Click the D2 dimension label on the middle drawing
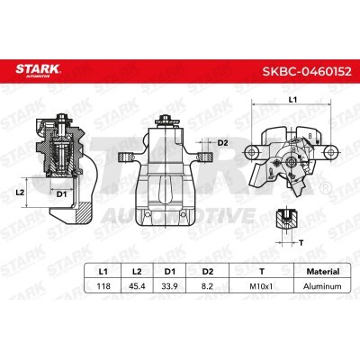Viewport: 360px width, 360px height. pos(223,142)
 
